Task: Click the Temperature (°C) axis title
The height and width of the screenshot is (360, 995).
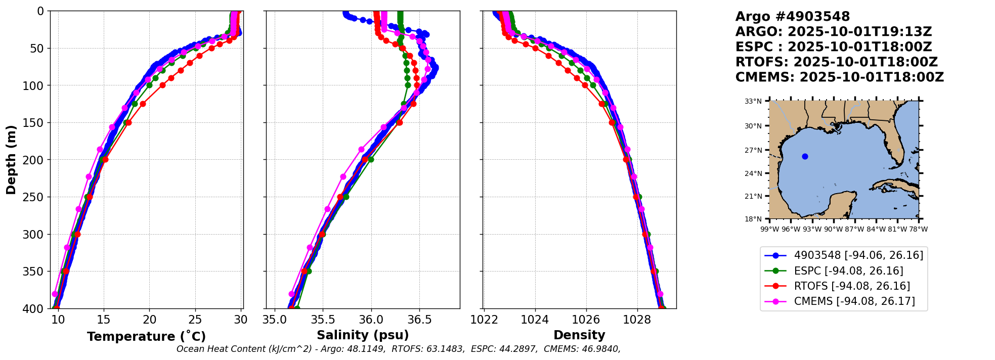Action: coord(146,337)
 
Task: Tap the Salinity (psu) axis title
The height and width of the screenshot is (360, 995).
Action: coord(363,335)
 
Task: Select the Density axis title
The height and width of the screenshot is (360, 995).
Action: coord(579,335)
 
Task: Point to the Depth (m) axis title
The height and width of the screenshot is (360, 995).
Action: coord(11,159)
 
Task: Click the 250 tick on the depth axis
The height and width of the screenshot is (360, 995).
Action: coord(36,197)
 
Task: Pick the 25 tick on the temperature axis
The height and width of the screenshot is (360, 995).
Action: coord(195,320)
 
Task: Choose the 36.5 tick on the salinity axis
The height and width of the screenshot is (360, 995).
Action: coord(419,320)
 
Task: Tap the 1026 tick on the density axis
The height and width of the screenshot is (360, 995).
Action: coord(586,320)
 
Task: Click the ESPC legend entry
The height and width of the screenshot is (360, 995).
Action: coord(848,271)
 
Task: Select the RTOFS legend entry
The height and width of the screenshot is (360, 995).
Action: coord(852,286)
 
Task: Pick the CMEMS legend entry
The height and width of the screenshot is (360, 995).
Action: coord(854,301)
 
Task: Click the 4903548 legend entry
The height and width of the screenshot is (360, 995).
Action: coord(858,255)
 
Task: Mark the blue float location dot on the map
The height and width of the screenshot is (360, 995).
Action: coord(805,156)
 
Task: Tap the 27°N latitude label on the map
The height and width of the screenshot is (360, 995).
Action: coord(753,150)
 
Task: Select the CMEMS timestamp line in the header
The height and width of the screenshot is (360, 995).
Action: coord(839,77)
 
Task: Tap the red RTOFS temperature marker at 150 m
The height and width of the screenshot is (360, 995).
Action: coord(128,122)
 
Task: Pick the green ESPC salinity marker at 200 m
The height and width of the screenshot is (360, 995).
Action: coord(371,159)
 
